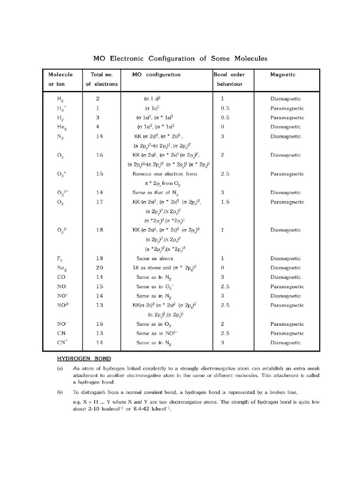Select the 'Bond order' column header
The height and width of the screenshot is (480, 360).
pos(229,75)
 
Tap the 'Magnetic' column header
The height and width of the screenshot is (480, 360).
pos(283,75)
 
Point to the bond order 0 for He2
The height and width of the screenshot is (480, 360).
pos(222,127)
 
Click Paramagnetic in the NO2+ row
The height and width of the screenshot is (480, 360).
pos(287,305)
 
